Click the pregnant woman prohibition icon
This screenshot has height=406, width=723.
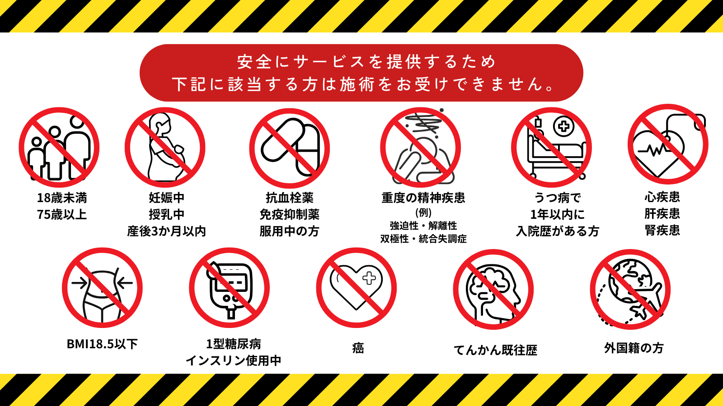[x=165, y=147]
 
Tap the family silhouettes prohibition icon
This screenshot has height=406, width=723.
[x=59, y=147]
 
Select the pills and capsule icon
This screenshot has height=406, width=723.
[x=290, y=148]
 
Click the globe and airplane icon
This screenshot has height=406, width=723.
[x=630, y=289]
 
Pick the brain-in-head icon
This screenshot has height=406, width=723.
[x=493, y=289]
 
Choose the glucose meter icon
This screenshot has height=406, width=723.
[x=229, y=288]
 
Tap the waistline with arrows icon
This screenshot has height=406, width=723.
[x=102, y=288]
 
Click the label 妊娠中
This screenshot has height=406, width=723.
[x=167, y=198]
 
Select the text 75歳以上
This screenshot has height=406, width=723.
[x=62, y=215]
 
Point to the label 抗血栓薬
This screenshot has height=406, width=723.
[x=290, y=198]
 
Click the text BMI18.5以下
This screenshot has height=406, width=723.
[x=102, y=344]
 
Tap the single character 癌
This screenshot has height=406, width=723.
[x=358, y=348]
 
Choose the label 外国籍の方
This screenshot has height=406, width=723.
[x=634, y=348]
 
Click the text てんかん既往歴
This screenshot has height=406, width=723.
[x=495, y=350]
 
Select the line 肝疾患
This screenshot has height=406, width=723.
[x=662, y=214]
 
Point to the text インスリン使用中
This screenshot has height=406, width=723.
[x=233, y=361]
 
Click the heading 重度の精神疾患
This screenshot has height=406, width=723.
[x=423, y=198]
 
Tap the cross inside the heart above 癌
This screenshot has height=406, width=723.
[x=369, y=278]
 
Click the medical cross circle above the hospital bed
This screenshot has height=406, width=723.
[x=563, y=126]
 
